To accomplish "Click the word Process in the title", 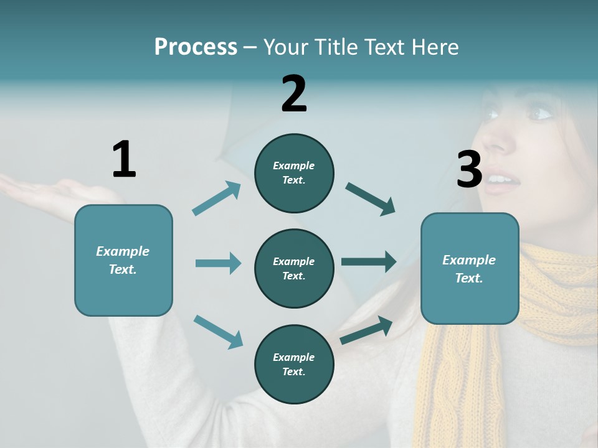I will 196,47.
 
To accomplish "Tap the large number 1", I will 124,159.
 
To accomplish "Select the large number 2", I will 294,93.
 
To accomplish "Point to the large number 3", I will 469,169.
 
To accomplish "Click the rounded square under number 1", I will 123,260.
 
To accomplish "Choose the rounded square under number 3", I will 470,268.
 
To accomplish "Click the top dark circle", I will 294,173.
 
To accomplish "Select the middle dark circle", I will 294,268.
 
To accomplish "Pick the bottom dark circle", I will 294,364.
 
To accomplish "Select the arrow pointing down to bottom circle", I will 218,331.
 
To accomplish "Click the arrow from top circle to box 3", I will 371,199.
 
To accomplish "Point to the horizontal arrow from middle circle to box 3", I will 368,262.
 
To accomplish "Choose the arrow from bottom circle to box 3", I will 366,330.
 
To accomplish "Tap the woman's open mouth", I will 505,180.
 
